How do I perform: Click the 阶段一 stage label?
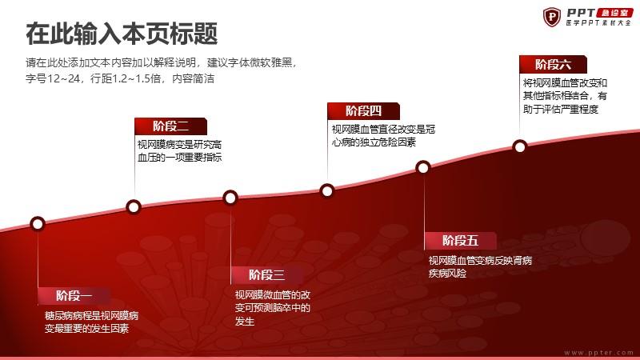[x=74, y=296]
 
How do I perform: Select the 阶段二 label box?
[x=170, y=126]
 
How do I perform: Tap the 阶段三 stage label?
[x=266, y=275]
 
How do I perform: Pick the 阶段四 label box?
[x=363, y=111]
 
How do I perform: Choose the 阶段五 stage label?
[x=461, y=241]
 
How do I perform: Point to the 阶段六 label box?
[x=553, y=65]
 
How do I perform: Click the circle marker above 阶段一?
[x=38, y=224]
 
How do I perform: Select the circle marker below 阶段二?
[x=134, y=207]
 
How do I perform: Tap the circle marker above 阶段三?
[x=230, y=198]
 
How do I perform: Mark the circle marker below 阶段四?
[x=327, y=190]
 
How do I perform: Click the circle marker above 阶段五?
[x=423, y=167]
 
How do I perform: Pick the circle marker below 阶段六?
[x=519, y=146]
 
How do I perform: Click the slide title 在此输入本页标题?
[x=122, y=34]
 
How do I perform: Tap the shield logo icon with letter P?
[x=552, y=17]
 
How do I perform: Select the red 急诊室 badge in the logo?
[x=614, y=13]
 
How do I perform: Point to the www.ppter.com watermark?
[x=598, y=352]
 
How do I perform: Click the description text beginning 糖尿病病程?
[x=91, y=322]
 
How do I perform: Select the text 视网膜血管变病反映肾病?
[x=481, y=261]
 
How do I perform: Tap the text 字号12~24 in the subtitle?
[x=53, y=78]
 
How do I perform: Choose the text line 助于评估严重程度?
[x=561, y=109]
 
